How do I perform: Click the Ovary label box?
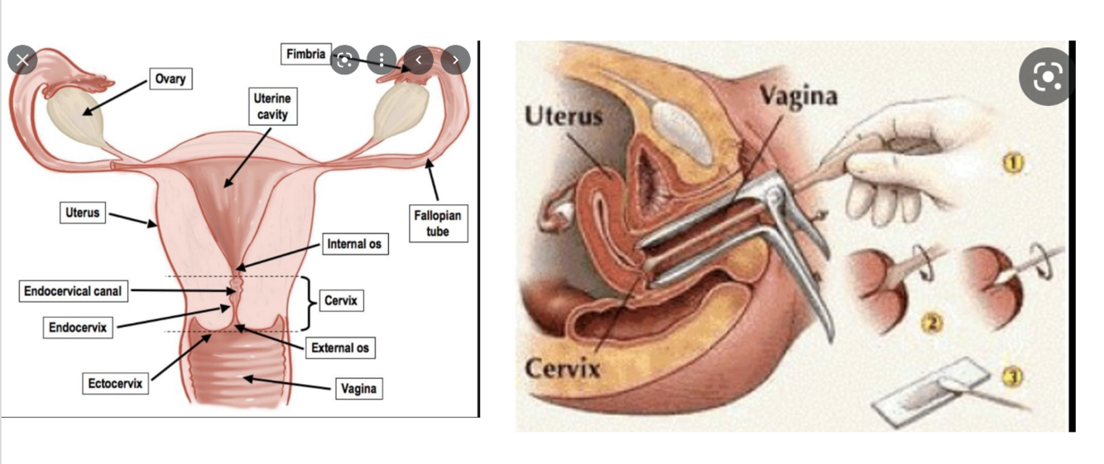(170, 79)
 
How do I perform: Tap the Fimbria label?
(306, 55)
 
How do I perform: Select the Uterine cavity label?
(271, 107)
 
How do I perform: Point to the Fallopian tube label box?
(438, 223)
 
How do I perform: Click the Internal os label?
(354, 244)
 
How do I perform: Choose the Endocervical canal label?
(73, 291)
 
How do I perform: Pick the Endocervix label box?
(77, 328)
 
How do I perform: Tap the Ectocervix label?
(116, 384)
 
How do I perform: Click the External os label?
(339, 348)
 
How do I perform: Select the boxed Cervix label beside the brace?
(340, 301)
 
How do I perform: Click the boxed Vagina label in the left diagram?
(359, 388)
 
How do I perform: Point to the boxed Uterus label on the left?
(82, 213)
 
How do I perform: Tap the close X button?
(22, 60)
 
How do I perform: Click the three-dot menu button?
(381, 60)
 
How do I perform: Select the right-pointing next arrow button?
(455, 60)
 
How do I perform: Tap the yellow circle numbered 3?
(1012, 377)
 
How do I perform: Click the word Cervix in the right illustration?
(563, 369)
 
